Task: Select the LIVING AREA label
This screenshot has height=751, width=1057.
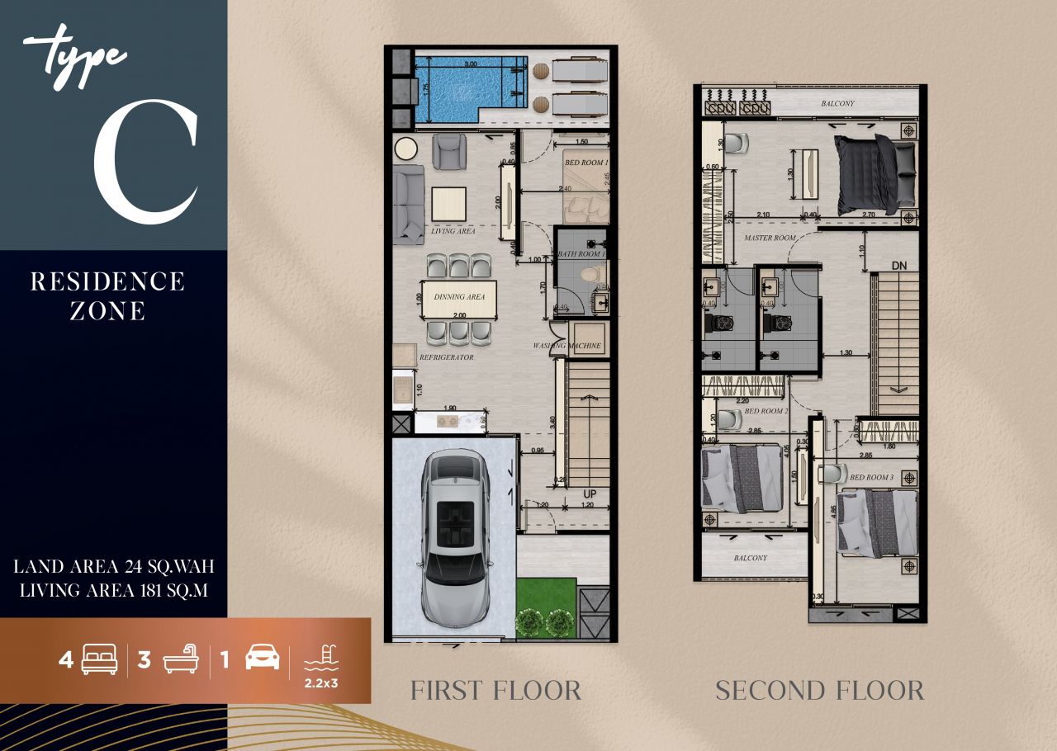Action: [453, 232]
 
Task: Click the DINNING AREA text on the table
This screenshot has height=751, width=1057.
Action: [459, 296]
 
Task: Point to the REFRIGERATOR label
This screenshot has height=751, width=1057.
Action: [446, 358]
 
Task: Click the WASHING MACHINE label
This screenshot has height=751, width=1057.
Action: [567, 346]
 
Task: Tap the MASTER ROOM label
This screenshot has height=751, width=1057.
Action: [770, 238]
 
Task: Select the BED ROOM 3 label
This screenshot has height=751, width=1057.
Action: [871, 478]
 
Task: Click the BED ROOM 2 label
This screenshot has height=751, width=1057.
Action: [766, 411]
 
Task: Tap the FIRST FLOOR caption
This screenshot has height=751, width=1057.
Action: [495, 690]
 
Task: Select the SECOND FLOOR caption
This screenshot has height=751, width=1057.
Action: [819, 690]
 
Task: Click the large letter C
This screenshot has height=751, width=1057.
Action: [145, 162]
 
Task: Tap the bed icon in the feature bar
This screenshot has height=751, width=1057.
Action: [99, 660]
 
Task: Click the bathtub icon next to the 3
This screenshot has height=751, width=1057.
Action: [181, 660]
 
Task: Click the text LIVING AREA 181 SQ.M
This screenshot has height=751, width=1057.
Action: [113, 590]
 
